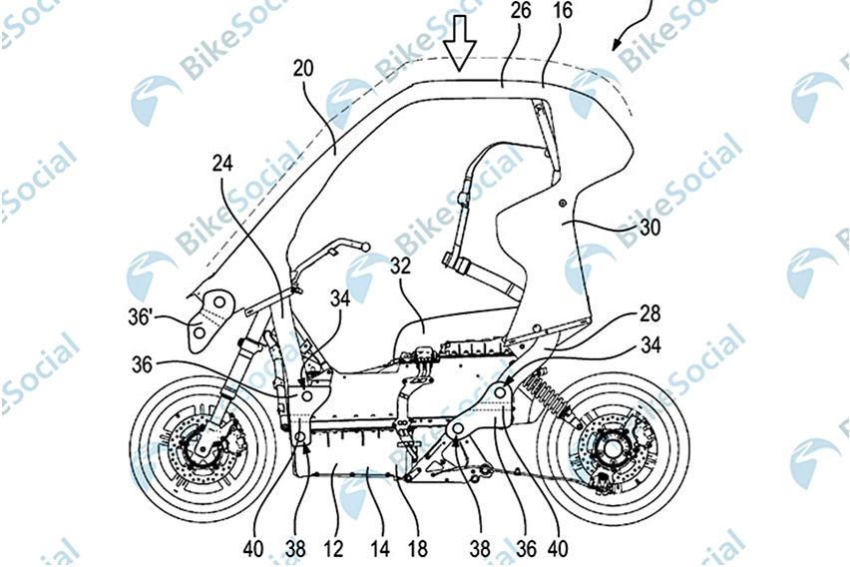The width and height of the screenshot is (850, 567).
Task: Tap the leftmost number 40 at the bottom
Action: click(257, 547)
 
